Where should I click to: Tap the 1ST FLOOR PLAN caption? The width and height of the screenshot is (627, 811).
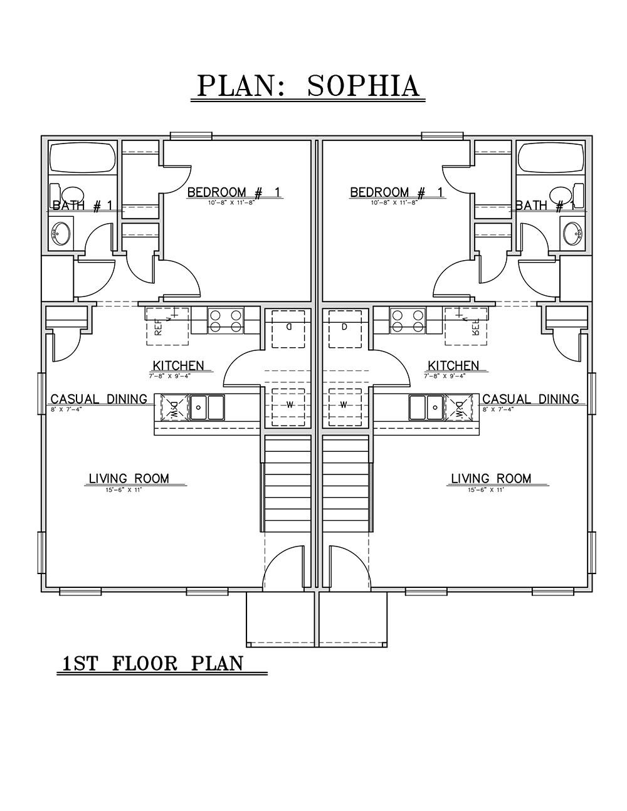(x=152, y=663)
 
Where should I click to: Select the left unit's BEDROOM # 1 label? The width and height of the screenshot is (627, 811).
(x=234, y=192)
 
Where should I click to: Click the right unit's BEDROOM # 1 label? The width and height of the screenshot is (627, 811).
(x=397, y=192)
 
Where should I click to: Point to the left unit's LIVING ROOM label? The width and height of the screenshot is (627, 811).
(x=129, y=479)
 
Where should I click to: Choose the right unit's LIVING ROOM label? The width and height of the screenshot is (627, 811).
(x=491, y=479)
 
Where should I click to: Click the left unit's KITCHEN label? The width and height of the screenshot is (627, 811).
(x=178, y=365)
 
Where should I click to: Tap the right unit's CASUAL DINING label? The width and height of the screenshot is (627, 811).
(x=530, y=399)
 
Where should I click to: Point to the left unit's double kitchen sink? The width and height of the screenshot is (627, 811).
(x=208, y=407)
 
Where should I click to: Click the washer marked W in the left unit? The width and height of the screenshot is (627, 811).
(x=290, y=405)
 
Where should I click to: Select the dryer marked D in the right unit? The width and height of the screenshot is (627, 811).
(x=344, y=327)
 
